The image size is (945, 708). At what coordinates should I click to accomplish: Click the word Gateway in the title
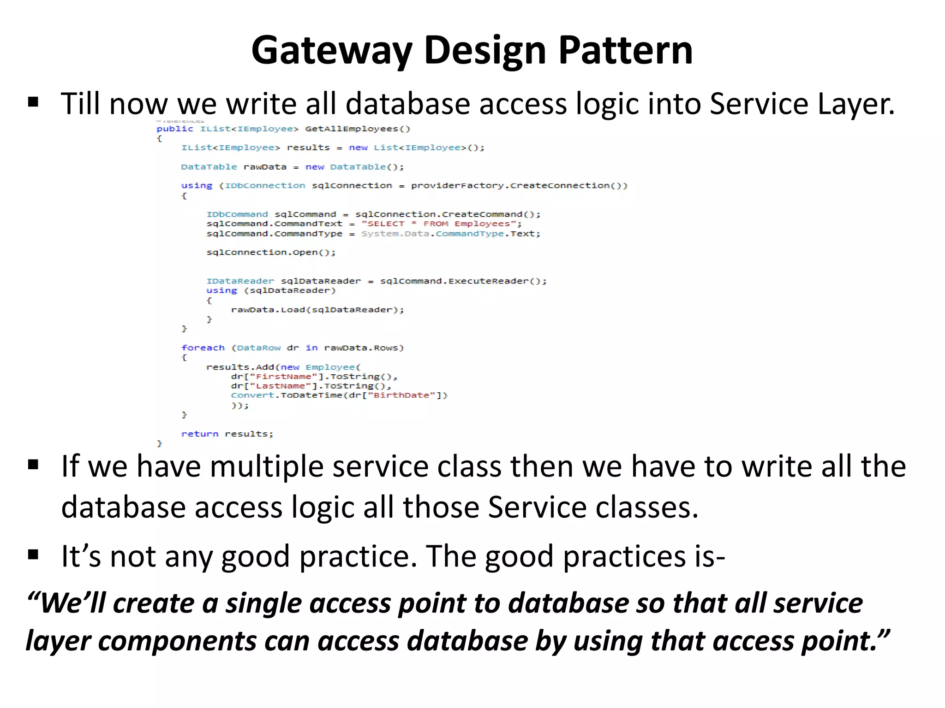pos(331,51)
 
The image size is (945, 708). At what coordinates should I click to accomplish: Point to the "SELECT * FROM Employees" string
pos(439,224)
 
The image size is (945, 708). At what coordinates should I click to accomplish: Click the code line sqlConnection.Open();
pos(271,253)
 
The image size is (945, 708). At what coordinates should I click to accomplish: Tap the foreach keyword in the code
pos(203,348)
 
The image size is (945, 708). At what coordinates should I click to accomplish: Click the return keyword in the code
pos(199,434)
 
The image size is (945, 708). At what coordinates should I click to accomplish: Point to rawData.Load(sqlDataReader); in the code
pos(317,310)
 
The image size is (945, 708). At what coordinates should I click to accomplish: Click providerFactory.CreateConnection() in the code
pos(519,186)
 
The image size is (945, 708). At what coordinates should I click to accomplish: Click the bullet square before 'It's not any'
pos(33,554)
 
